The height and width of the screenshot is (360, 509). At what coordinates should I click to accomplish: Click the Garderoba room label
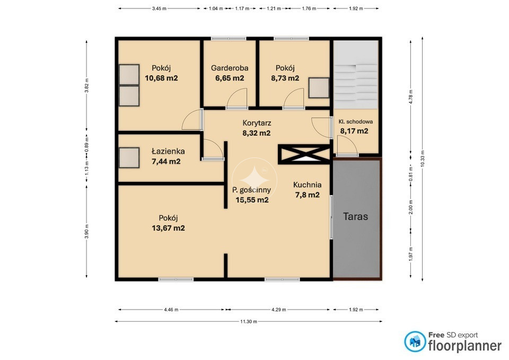(230, 68)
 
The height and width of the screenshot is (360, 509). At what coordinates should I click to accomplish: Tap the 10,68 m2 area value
(161, 78)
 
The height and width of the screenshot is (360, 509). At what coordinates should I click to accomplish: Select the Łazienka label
(168, 151)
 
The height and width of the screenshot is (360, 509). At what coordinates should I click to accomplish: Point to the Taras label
(355, 216)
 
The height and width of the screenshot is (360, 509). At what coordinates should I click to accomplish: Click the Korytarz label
(257, 123)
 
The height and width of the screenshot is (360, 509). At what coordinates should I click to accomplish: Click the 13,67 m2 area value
(168, 228)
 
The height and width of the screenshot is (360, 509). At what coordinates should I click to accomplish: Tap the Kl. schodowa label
(355, 122)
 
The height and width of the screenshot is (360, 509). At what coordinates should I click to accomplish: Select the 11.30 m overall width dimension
(249, 322)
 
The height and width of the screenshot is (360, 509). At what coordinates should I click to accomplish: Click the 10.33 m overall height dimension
(423, 159)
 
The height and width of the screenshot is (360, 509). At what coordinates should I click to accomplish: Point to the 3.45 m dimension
(159, 9)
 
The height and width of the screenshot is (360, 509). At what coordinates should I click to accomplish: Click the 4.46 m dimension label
(171, 310)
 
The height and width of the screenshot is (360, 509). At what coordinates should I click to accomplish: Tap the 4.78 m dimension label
(411, 96)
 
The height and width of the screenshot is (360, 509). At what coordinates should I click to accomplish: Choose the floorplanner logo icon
(415, 341)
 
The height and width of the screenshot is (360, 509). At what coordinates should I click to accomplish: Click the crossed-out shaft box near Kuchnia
(304, 154)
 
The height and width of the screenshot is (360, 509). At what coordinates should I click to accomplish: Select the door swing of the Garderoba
(237, 98)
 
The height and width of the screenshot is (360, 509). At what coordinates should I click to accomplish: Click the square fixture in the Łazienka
(129, 158)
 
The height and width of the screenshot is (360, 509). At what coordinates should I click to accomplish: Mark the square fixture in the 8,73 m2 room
(319, 87)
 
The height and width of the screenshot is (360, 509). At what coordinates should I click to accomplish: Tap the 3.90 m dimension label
(86, 231)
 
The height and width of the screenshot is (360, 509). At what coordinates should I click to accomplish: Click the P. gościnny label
(251, 190)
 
